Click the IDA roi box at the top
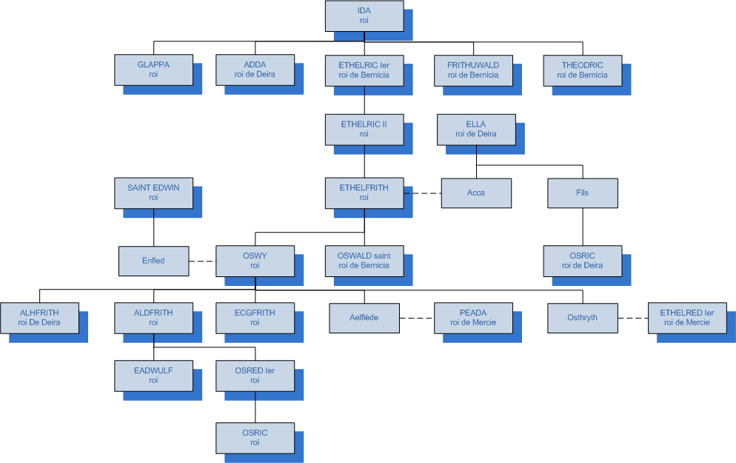(364, 16)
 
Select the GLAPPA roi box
(153, 70)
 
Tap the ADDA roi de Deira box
(255, 70)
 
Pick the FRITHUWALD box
(473, 70)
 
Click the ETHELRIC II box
(364, 129)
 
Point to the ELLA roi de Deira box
(476, 129)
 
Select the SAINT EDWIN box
(153, 193)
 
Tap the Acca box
(476, 193)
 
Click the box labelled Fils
(582, 193)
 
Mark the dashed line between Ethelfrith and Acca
(423, 193)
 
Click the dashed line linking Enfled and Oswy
(201, 261)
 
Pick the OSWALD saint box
(364, 261)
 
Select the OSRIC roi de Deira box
(582, 261)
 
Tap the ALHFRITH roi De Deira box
(39, 318)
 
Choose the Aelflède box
(364, 318)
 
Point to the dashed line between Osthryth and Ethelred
(632, 319)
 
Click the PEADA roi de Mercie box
(473, 318)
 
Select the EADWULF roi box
(153, 375)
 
